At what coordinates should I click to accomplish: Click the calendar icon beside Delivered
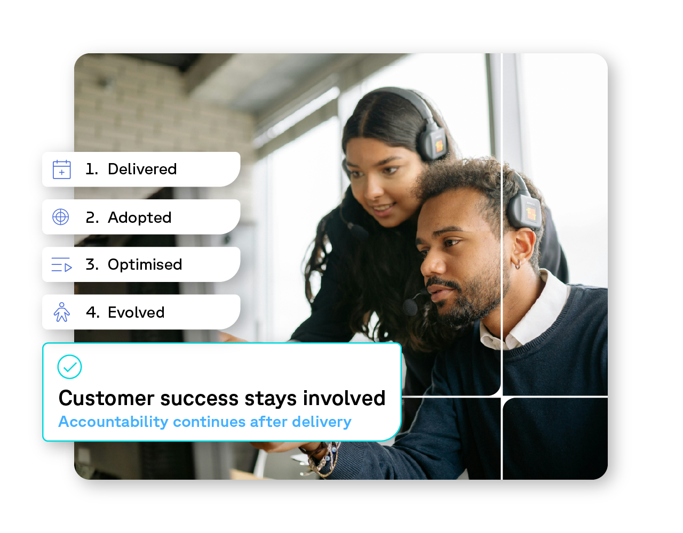pos(61,169)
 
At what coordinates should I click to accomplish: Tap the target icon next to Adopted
pos(61,217)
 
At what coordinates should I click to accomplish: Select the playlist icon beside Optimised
pos(61,264)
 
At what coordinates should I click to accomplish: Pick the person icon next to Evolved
pos(61,312)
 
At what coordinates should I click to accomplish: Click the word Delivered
pos(142,169)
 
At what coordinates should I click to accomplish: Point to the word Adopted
pos(140,217)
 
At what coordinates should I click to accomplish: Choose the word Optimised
pos(145,264)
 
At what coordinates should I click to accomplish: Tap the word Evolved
pos(136,312)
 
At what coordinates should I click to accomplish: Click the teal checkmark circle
pos(69,367)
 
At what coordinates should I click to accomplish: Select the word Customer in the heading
pos(106,398)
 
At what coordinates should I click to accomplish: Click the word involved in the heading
pos(344,398)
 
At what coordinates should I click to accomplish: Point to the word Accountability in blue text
pos(113,422)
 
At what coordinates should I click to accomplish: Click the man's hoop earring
pos(518,264)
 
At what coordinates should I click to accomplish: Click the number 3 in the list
pos(92,264)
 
